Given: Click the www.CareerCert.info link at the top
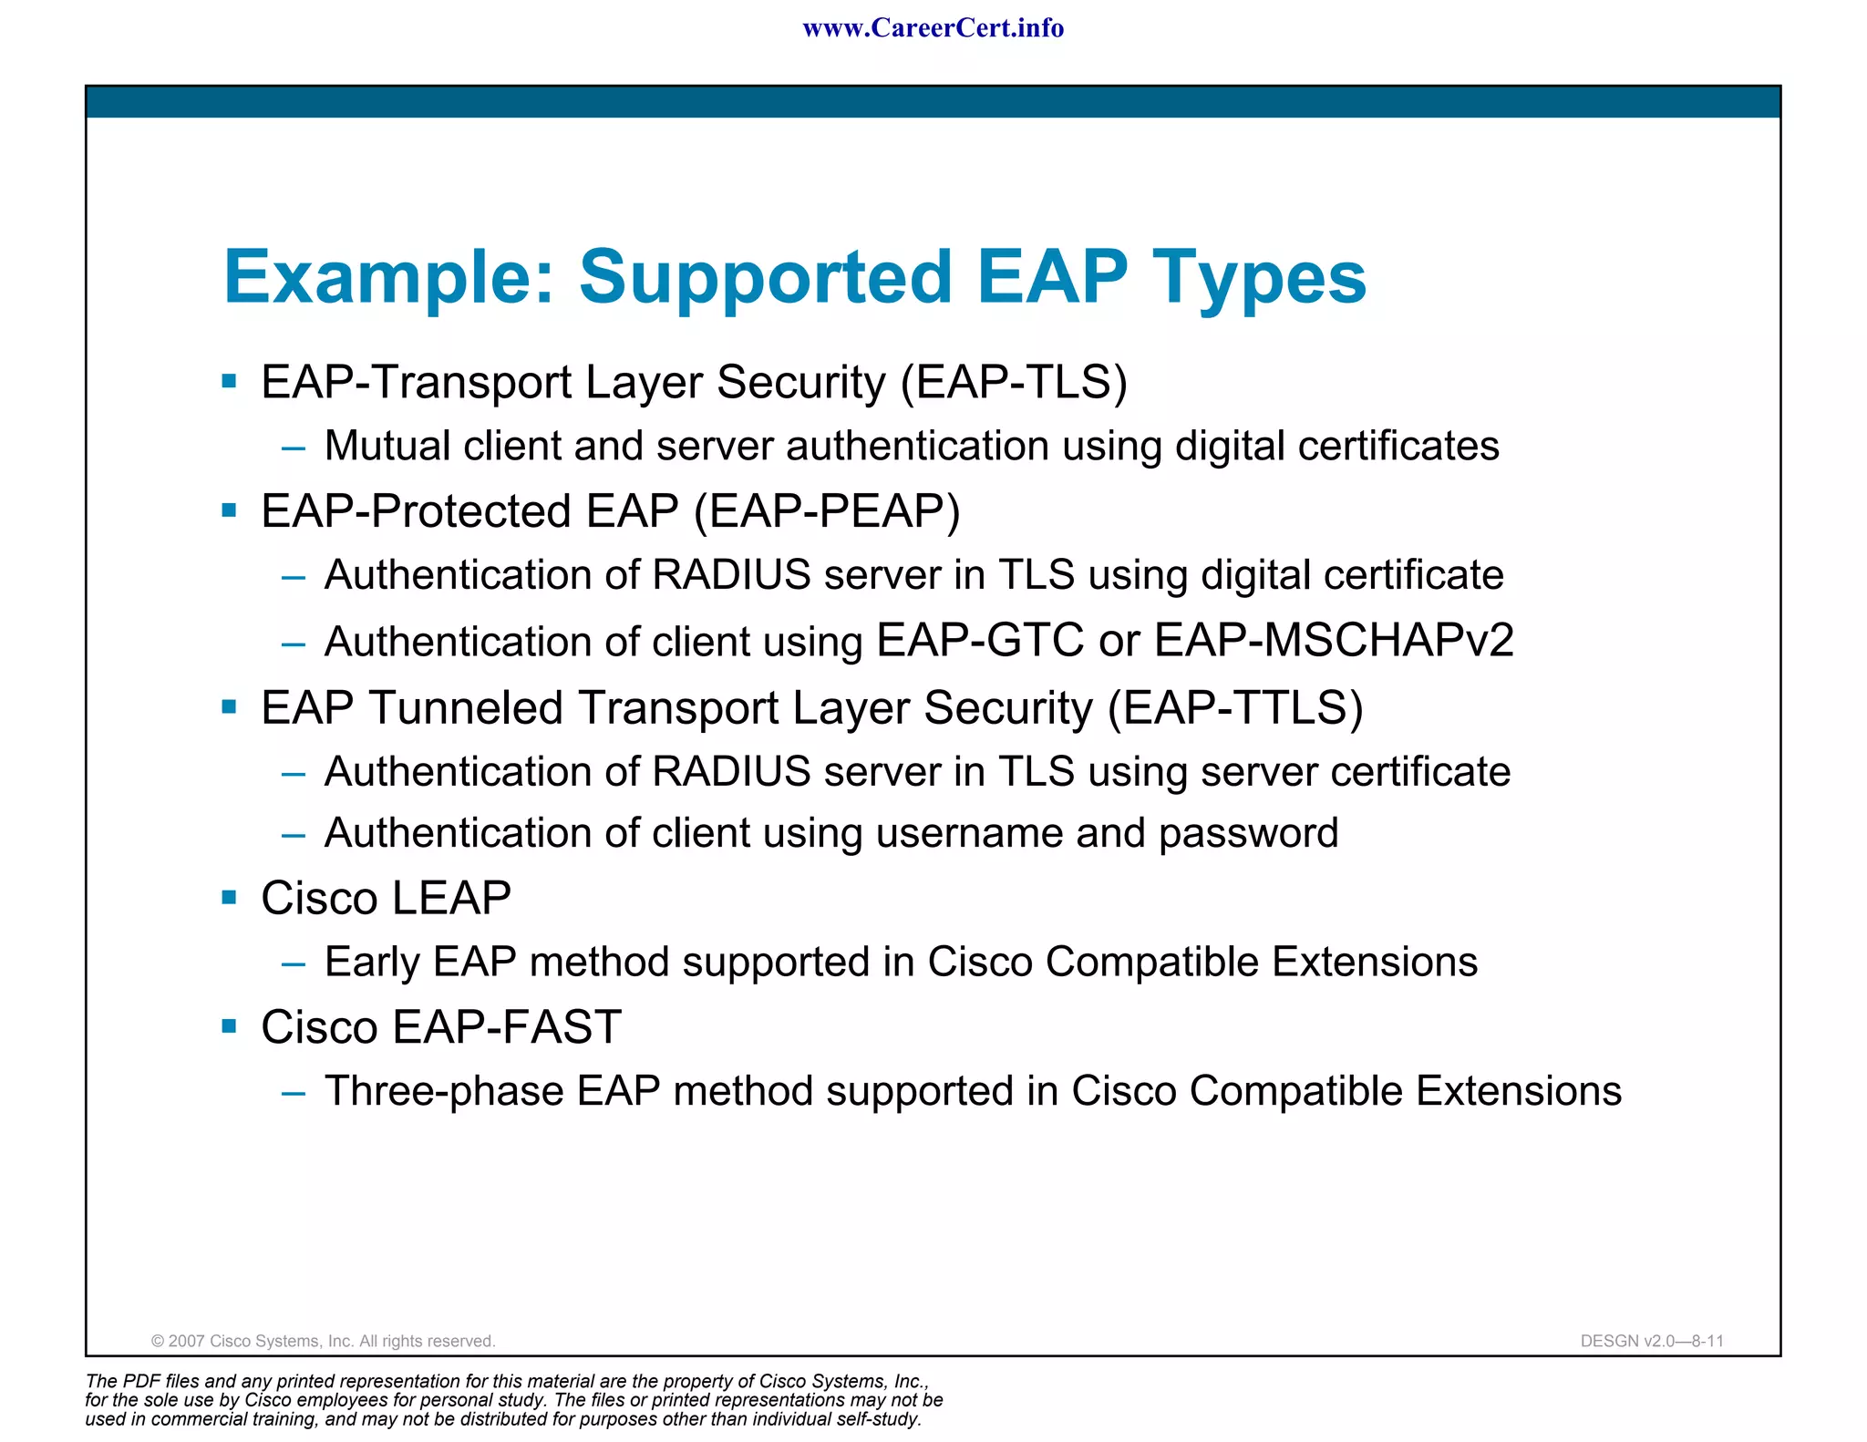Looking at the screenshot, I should [933, 28].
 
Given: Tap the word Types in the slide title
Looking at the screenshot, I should [1259, 277].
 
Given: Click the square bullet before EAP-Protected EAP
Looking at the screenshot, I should [229, 510].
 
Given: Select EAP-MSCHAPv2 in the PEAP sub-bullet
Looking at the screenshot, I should [1334, 640].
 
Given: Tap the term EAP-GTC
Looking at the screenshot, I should [980, 640].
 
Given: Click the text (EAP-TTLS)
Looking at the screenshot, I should [1235, 708].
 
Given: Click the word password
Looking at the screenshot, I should [1248, 834].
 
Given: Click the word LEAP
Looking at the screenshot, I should [451, 899].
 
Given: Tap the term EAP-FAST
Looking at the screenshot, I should [507, 1028].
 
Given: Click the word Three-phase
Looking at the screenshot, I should [444, 1092].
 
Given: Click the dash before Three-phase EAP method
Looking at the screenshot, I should [293, 1092].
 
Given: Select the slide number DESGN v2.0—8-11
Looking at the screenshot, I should [1652, 1341].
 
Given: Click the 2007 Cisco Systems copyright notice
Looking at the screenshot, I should [323, 1341].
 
